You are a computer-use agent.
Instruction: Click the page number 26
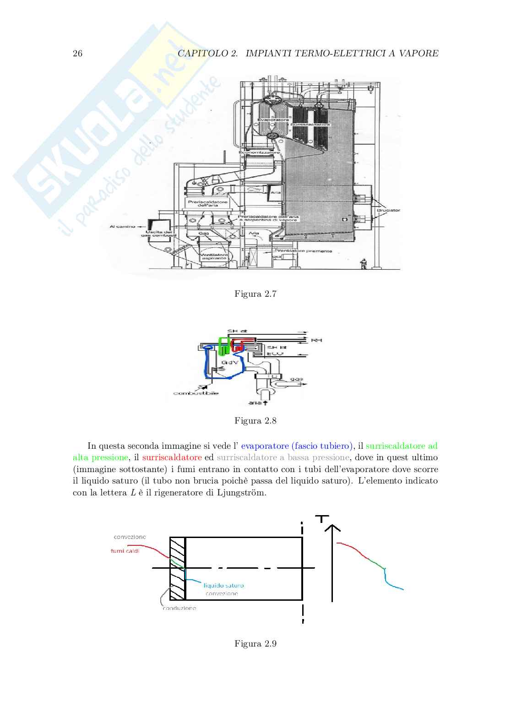[77, 54]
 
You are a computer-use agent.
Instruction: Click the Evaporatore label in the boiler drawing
[273, 120]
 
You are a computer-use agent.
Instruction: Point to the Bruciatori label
[388, 211]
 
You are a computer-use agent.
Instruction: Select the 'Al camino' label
[122, 226]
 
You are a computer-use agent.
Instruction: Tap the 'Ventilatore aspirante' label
[214, 256]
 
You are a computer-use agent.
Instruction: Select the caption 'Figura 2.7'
[255, 294]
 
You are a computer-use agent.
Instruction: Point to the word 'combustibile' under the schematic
[196, 393]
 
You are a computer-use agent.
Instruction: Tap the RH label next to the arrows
[316, 340]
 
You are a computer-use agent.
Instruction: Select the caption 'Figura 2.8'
[255, 421]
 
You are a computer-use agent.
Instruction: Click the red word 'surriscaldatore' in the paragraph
[172, 457]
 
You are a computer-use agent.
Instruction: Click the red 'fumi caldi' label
[125, 551]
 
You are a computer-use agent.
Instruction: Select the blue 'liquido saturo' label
[223, 585]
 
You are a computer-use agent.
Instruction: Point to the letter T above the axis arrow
[323, 518]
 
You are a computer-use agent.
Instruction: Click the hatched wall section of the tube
[177, 568]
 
